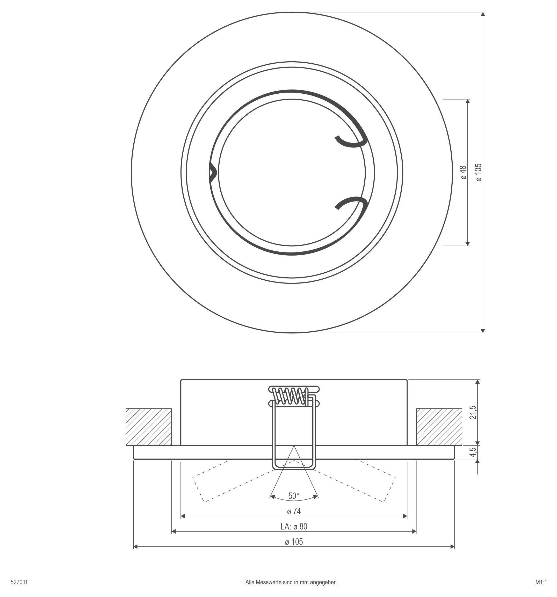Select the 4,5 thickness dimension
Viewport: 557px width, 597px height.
click(473, 452)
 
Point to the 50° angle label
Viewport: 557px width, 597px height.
click(294, 496)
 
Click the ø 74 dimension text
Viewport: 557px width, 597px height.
click(294, 511)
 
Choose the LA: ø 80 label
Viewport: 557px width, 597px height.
click(294, 526)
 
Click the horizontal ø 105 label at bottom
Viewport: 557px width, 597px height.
click(294, 542)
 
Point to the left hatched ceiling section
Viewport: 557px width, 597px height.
click(148, 427)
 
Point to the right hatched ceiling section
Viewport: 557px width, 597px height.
click(439, 427)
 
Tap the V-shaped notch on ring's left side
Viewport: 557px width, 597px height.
click(212, 173)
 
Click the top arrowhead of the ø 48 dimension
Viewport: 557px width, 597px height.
click(467, 101)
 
